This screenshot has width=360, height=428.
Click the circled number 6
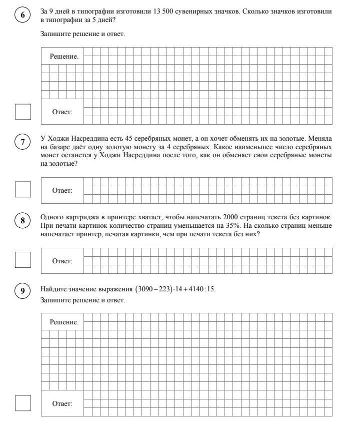point(22,15)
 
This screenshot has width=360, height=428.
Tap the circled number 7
point(22,143)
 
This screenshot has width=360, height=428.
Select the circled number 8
point(22,220)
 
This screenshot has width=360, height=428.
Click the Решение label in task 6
point(63,57)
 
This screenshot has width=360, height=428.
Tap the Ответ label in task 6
point(62,112)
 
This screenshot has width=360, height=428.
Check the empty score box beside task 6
point(23,112)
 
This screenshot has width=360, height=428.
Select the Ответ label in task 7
point(62,190)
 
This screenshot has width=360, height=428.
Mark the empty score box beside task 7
point(23,189)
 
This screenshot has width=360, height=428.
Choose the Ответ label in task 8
point(62,261)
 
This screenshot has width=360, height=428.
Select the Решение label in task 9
point(63,322)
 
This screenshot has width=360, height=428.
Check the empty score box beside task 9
point(23,403)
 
